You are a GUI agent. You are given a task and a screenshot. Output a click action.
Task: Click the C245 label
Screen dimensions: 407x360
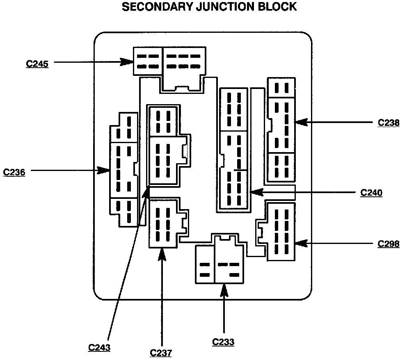click(x=37, y=64)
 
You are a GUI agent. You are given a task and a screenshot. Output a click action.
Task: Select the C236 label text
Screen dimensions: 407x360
click(x=14, y=172)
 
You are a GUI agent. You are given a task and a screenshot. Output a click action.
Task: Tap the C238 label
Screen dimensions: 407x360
click(x=389, y=123)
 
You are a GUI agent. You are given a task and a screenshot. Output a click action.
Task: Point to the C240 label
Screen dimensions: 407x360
click(x=371, y=193)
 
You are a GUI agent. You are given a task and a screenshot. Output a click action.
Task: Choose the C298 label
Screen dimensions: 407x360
click(x=389, y=244)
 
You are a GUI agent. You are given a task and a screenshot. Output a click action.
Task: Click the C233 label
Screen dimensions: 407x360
click(x=223, y=342)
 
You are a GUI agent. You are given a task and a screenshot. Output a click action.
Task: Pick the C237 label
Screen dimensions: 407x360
click(x=161, y=353)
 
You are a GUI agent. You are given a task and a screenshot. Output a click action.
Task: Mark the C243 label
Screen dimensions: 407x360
click(x=99, y=347)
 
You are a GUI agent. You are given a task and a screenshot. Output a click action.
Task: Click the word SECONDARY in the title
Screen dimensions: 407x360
click(x=158, y=7)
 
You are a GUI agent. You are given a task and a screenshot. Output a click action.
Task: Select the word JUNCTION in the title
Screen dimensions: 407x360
click(x=226, y=7)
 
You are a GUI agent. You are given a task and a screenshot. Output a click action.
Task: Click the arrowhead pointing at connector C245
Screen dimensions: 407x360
click(x=127, y=62)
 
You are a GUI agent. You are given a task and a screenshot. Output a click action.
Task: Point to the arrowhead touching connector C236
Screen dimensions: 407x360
click(x=103, y=171)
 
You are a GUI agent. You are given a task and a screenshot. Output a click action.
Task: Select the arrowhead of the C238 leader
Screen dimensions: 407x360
click(x=301, y=122)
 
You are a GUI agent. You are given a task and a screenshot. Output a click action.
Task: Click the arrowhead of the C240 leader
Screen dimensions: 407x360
click(x=257, y=192)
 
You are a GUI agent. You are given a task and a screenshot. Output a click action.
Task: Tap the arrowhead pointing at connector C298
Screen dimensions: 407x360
click(x=301, y=243)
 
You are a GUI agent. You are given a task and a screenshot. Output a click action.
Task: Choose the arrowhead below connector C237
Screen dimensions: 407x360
click(x=162, y=255)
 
